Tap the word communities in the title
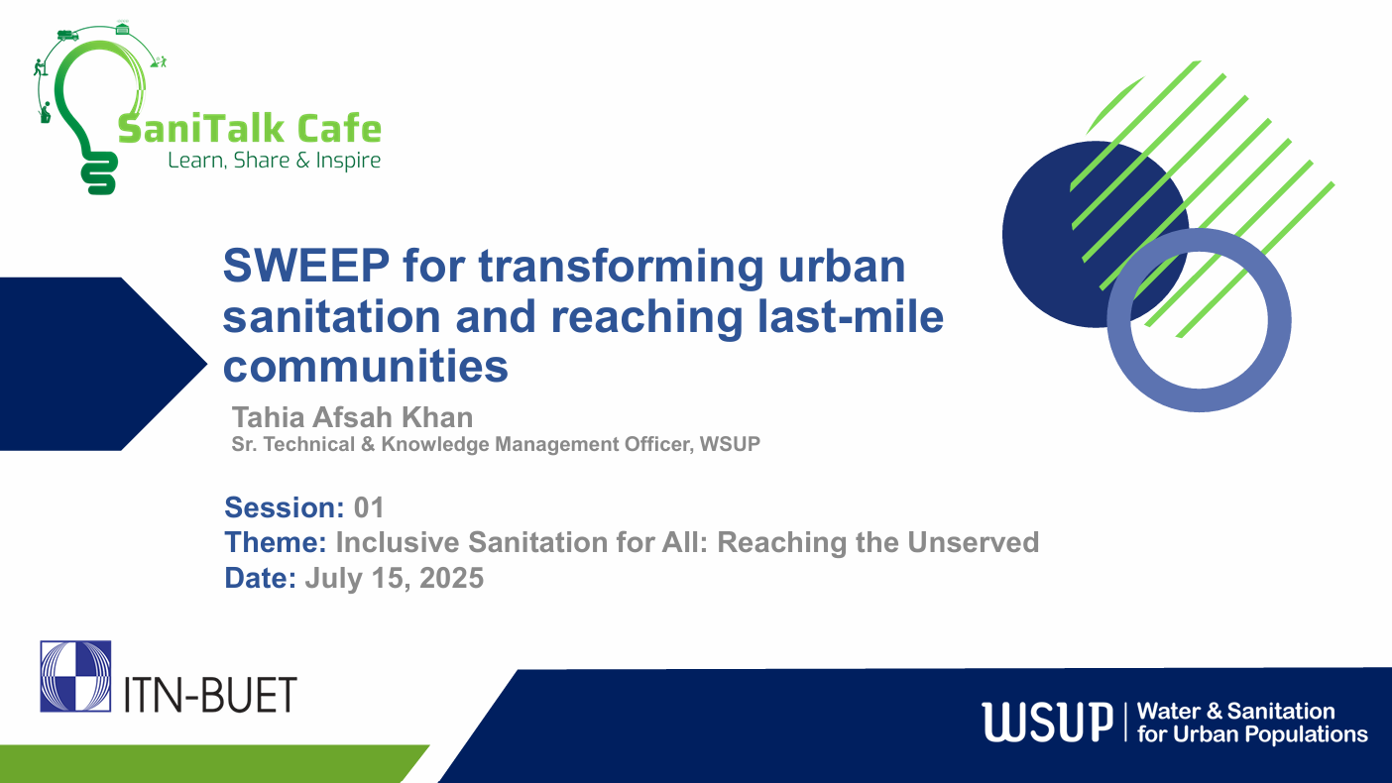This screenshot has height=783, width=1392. point(366,367)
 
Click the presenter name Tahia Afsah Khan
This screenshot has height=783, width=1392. point(352,417)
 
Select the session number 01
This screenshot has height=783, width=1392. point(369,508)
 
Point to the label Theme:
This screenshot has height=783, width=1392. point(276,543)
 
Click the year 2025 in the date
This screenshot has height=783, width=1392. point(451,578)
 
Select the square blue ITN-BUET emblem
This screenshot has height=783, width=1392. point(75,676)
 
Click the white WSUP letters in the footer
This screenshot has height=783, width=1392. point(1046,722)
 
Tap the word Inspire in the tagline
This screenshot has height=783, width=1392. point(348,161)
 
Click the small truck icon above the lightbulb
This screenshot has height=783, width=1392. point(67,35)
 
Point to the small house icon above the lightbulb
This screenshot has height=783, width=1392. point(122,28)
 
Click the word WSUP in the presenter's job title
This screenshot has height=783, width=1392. point(730,445)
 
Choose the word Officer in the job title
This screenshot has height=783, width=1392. point(656,445)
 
